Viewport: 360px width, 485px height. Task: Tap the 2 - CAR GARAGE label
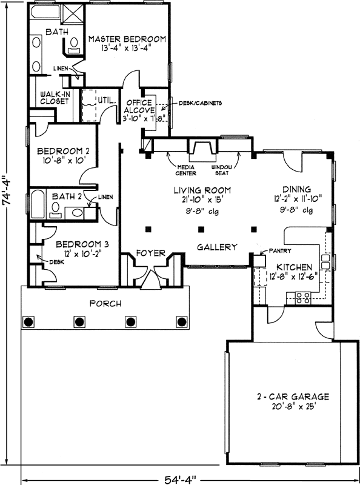click(x=292, y=397)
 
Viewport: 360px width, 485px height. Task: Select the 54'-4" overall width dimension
click(x=180, y=479)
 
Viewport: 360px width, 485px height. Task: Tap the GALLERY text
click(x=216, y=247)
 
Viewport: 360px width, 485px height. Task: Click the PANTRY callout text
click(x=282, y=250)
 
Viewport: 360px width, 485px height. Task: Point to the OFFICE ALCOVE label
click(x=140, y=106)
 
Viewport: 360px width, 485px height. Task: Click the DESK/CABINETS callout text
click(x=201, y=103)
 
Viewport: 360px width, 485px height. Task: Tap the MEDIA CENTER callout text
click(x=184, y=169)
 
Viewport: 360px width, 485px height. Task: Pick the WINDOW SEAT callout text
click(x=222, y=169)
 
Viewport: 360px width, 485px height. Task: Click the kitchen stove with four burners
click(x=303, y=297)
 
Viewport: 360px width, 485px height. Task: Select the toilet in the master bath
click(x=73, y=44)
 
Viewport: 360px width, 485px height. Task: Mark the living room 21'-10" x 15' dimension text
click(x=201, y=200)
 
